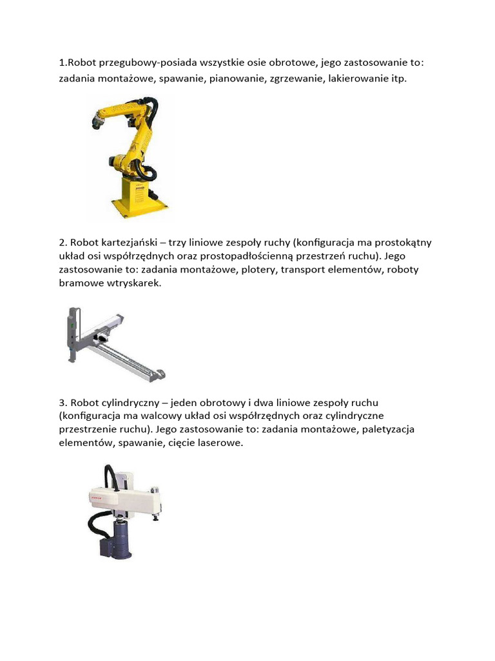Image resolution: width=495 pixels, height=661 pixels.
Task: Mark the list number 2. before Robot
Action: coord(63,243)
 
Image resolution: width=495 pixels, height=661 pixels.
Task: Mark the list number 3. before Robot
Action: coord(63,403)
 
